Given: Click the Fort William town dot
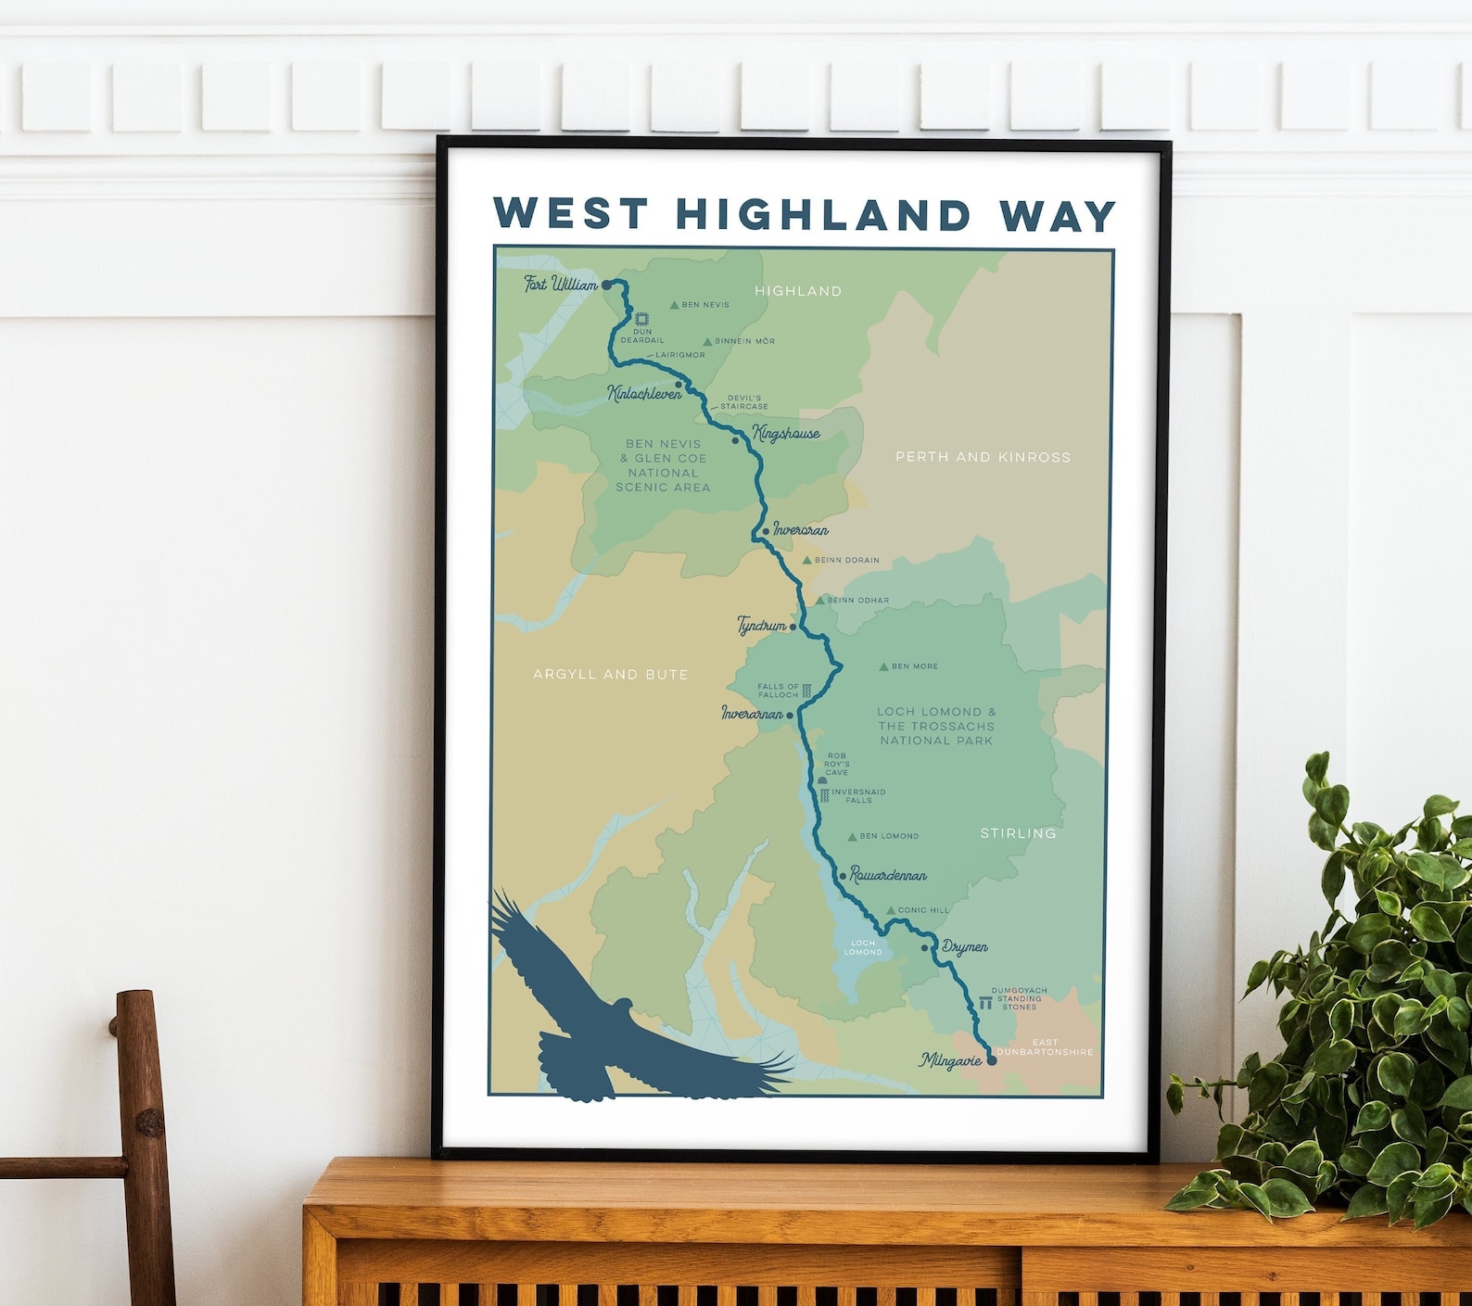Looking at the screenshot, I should [x=606, y=286].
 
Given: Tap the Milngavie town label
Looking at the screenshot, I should [x=950, y=1059].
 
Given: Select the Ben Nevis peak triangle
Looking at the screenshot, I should [x=675, y=305].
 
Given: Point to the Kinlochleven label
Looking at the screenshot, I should [x=643, y=393].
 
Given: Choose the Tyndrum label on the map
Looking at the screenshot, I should [x=761, y=626].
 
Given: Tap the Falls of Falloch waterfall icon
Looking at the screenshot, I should [x=806, y=691].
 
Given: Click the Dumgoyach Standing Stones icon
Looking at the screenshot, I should [x=983, y=1003].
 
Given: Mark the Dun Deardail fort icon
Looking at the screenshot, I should [x=641, y=319].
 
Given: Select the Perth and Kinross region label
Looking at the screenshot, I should [x=983, y=457].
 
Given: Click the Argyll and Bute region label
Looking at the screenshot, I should [x=610, y=675].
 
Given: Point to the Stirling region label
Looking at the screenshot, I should [x=1018, y=833].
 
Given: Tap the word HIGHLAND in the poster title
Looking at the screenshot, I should [x=823, y=214].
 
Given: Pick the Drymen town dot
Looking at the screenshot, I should [x=924, y=947].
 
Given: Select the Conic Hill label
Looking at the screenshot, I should [x=923, y=910].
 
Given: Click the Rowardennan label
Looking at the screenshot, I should [x=888, y=875].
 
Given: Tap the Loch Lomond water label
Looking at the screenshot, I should [x=862, y=947].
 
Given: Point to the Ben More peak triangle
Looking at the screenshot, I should [x=883, y=666].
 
